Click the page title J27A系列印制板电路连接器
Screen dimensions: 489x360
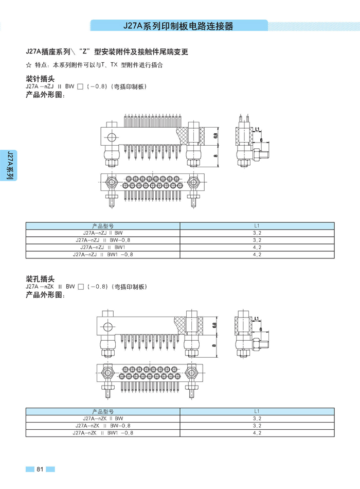tap(179, 26)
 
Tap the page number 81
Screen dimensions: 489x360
tap(40, 469)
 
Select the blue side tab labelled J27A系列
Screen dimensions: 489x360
tap(9, 165)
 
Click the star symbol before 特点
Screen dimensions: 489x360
tap(28, 65)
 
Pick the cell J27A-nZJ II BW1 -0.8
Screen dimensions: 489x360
tap(103, 254)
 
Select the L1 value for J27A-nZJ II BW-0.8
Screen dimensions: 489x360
tap(257, 240)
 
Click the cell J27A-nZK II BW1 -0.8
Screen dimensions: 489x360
tap(103, 433)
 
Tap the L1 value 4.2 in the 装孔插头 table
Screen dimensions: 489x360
tap(257, 433)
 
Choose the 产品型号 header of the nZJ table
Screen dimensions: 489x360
tap(103, 226)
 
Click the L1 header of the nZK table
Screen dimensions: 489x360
tap(257, 411)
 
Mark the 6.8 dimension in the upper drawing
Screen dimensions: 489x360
tap(215, 136)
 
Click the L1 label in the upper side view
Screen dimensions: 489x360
tap(256, 130)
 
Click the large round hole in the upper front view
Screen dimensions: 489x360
tap(111, 136)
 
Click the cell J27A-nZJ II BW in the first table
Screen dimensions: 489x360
tap(103, 233)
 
